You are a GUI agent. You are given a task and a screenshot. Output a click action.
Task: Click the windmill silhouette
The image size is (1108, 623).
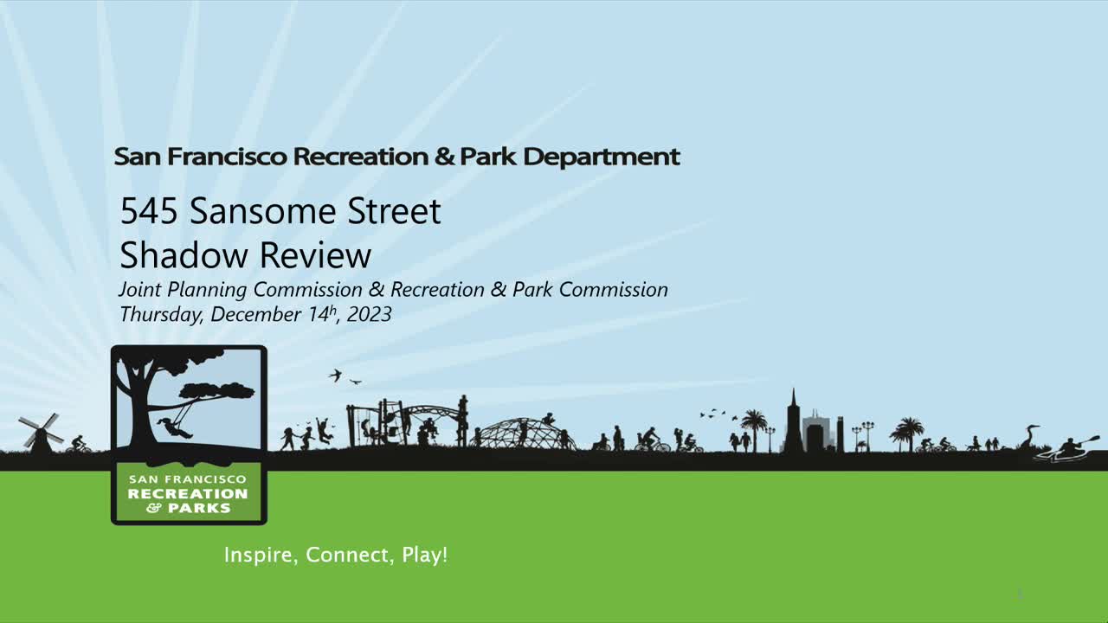40,432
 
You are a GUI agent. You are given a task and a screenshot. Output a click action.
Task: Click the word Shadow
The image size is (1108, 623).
184,255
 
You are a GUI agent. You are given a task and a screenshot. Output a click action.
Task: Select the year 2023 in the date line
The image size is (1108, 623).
369,314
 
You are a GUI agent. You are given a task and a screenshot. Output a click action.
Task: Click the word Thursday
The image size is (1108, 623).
161,314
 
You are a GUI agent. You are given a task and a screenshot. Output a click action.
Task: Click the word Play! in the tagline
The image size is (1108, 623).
425,555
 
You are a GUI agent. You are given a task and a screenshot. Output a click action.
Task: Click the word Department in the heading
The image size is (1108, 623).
602,157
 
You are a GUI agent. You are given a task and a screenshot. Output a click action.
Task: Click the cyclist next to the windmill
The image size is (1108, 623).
78,445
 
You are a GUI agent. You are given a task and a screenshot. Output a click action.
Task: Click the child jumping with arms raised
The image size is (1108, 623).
324,430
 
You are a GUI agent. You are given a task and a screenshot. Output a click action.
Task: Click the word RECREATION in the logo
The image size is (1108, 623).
187,494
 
